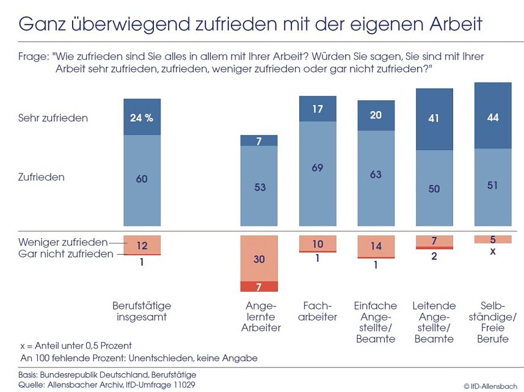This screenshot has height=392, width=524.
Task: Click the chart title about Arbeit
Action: (250, 24)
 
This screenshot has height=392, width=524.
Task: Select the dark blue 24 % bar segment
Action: (142, 117)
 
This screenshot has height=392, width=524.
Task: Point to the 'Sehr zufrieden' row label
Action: (53, 118)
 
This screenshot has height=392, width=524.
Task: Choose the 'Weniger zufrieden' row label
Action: (63, 242)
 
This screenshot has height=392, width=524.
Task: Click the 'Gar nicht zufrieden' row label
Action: (65, 253)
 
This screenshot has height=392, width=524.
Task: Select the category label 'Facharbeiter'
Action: (317, 311)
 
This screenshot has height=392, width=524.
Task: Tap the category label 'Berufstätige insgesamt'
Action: (142, 311)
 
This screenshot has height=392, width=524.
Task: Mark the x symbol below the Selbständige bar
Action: (493, 251)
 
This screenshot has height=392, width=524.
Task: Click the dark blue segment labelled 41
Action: (434, 119)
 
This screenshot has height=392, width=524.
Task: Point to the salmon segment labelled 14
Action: (376, 246)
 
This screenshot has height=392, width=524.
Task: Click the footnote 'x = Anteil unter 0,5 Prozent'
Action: (76, 346)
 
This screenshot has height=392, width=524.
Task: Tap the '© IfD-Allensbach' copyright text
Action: (490, 386)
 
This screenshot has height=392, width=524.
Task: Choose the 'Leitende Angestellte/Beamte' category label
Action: (434, 322)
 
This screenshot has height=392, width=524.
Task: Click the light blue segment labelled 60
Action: (142, 180)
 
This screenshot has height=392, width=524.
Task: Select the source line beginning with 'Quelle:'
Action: (107, 385)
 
